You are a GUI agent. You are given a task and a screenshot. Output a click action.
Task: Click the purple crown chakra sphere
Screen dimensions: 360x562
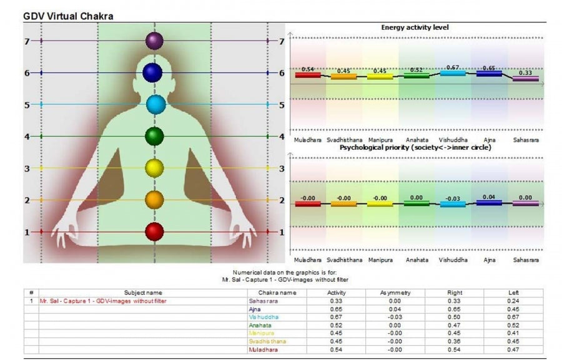154,41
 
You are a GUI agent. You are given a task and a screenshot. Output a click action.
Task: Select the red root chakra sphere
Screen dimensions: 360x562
154,232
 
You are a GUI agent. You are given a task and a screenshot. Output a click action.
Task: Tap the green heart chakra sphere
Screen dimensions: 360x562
154,135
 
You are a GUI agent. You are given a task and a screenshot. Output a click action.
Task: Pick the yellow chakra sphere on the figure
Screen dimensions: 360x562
154,168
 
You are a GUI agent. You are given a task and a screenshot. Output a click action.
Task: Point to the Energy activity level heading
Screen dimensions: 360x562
415,28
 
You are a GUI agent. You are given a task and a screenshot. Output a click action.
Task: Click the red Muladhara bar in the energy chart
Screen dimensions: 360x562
308,75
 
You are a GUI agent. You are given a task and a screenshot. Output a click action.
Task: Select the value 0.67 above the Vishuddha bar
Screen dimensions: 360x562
453,67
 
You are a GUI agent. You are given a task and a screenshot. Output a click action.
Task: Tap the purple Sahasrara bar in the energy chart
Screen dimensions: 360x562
525,79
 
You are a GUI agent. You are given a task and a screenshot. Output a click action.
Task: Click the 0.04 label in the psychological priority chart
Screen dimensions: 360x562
489,197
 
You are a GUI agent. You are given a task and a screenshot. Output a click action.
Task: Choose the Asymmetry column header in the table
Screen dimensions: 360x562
395,293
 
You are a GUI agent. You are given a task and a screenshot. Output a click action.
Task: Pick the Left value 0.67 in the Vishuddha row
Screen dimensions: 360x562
513,317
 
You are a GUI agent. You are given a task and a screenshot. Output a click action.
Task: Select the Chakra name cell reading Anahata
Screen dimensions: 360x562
259,325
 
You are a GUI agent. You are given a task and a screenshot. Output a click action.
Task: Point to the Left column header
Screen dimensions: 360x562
513,293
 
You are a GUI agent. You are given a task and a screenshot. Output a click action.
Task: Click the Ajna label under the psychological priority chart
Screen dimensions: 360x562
489,260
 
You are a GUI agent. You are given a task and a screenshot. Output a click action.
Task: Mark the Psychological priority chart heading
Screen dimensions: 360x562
415,148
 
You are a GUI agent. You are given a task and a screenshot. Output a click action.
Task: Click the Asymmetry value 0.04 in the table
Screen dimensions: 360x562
395,309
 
